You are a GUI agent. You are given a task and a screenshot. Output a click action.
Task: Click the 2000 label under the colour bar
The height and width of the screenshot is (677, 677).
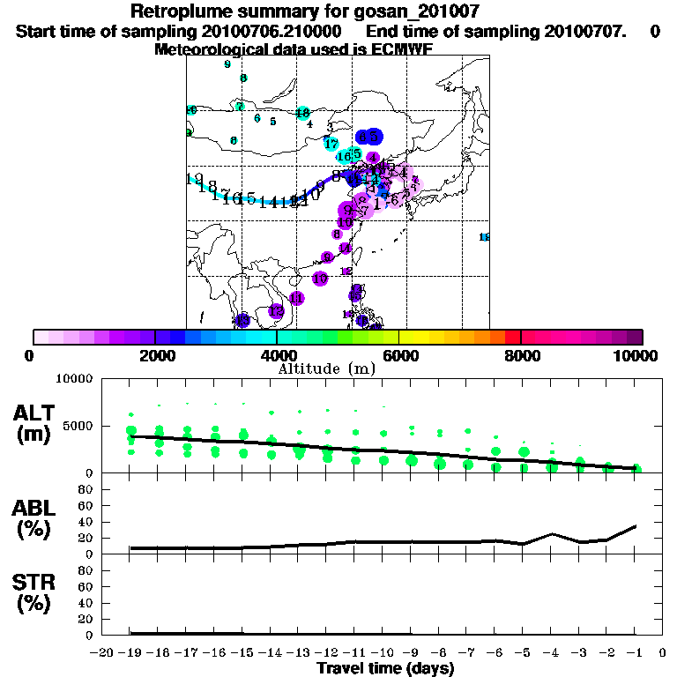coord(155,355)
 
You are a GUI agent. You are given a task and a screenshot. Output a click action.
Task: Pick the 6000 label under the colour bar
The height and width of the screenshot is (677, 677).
coord(400,355)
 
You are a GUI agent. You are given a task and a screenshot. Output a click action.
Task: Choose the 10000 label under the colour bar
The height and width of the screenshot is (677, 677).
coord(636,355)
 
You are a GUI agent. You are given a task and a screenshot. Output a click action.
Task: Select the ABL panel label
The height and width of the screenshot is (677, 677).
coord(36,509)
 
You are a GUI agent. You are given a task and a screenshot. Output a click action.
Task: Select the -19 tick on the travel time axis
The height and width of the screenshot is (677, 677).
coord(130,653)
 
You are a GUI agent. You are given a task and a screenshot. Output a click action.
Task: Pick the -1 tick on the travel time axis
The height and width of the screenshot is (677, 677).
coord(636,653)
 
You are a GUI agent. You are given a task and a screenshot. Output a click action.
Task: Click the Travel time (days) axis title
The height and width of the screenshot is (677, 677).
coord(385,668)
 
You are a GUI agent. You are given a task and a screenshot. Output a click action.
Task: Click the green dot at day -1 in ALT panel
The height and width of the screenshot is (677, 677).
coord(636,469)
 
